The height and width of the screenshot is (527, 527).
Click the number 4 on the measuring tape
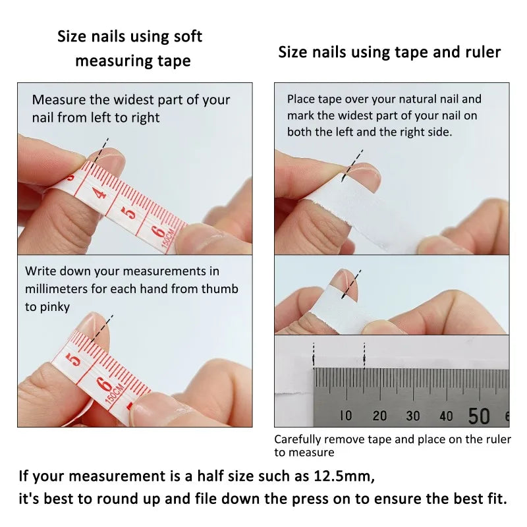pos(99,193)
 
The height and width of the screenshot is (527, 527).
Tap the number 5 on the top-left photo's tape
pos(130,212)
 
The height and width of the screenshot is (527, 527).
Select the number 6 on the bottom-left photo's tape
pos(103,384)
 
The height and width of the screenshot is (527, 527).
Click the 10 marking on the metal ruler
pos(346,416)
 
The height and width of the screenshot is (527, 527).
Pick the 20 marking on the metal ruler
pos(379,416)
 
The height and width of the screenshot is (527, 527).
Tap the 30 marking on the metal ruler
pos(413,416)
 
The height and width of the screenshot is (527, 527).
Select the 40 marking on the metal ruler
pos(446,416)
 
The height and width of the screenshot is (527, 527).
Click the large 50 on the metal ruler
pos(479,416)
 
